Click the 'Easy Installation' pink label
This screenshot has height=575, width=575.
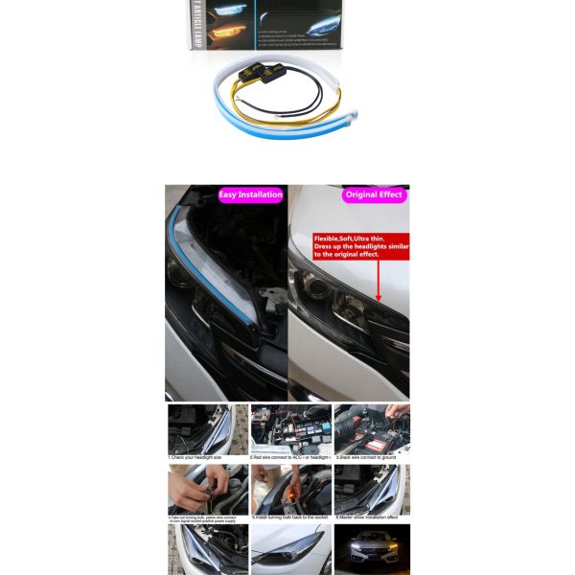(x=251, y=195)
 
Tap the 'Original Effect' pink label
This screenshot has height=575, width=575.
(x=374, y=195)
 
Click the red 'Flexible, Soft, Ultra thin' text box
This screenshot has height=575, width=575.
(x=360, y=246)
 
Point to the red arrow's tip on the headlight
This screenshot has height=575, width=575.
(x=379, y=306)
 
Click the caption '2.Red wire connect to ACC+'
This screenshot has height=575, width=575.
(x=290, y=458)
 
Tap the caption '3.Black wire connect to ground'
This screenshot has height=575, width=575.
(x=373, y=458)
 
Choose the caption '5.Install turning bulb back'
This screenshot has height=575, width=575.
(x=290, y=517)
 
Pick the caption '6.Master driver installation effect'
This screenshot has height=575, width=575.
(x=373, y=517)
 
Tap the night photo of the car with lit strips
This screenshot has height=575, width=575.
(x=373, y=549)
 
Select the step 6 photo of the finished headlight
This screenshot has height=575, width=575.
(x=373, y=488)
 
